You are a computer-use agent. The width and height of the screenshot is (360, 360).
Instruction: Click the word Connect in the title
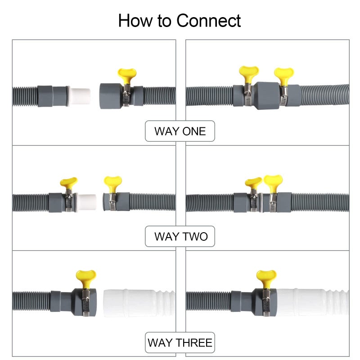tap(208, 21)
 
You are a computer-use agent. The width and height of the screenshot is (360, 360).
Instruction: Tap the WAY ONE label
tap(180, 131)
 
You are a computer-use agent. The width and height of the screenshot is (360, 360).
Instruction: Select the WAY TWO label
tap(180, 236)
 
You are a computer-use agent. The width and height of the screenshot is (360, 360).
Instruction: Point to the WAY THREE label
tap(180, 343)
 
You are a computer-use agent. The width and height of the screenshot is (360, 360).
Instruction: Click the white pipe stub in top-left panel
tap(79, 95)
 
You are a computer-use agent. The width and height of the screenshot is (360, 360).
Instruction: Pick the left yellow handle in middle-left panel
tap(68, 182)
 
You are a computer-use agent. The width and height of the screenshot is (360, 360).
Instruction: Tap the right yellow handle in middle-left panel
tap(112, 181)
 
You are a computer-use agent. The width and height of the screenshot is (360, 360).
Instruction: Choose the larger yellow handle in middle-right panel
tap(273, 181)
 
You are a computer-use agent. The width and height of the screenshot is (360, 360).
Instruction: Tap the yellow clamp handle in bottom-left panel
tap(85, 276)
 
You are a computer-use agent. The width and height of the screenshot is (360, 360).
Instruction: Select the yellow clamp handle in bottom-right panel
tap(266, 276)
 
